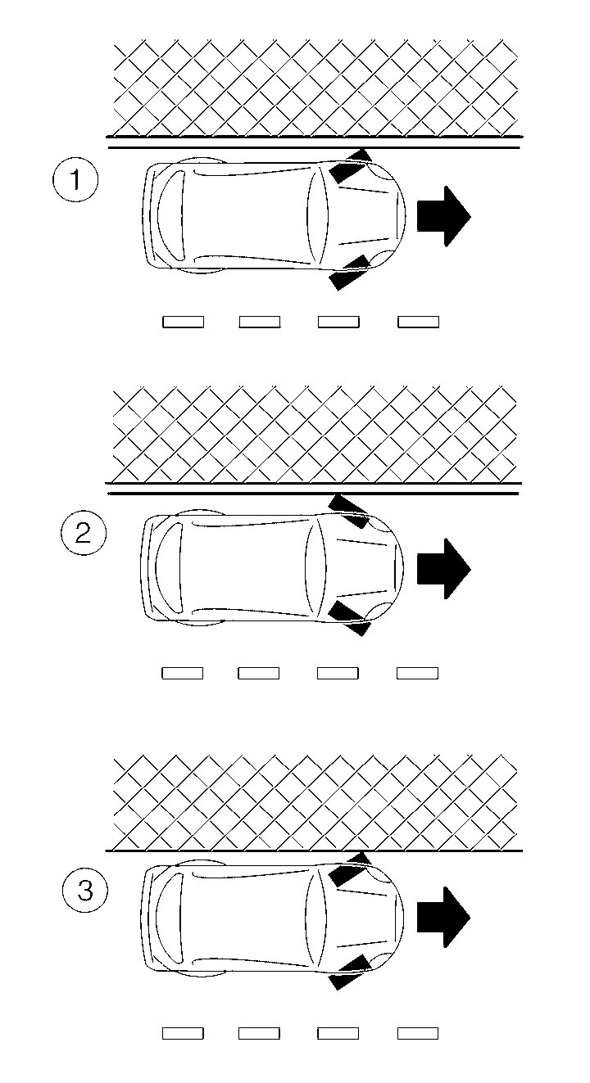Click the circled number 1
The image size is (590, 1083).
tap(75, 180)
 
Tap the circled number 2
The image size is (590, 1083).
tap(84, 534)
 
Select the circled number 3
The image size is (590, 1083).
tap(85, 891)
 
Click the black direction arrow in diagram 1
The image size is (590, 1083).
tap(442, 215)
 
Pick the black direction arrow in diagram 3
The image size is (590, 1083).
tap(442, 917)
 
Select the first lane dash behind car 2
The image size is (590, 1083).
tap(182, 674)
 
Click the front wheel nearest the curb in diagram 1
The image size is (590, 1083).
tap(349, 168)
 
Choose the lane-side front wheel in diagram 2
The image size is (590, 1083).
tap(349, 618)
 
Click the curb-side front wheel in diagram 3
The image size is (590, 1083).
tap(347, 869)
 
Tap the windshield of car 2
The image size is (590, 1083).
tap(315, 567)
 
